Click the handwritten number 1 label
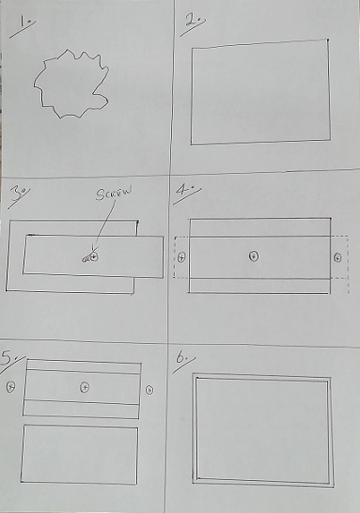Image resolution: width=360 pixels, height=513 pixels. coord(25,23)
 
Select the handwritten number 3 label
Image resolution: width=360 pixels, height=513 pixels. coord(17,193)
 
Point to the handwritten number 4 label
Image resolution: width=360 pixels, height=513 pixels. coord(184,192)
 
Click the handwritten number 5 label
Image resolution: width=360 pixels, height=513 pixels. coord(8,358)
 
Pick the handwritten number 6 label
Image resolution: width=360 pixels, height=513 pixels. coord(181,358)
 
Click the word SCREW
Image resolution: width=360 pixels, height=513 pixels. coord(114,193)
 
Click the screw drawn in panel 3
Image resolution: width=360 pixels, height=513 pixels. coord(91,257)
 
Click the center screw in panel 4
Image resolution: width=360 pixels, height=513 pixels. coord(254,256)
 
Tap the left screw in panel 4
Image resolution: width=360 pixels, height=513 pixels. coord(181,257)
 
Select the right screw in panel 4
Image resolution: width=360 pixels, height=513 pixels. coord(337,257)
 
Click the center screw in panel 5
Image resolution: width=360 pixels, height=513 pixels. coord(85,387)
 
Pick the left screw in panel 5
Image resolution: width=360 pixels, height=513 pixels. coord(10,386)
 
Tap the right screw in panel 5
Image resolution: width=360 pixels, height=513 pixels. coord(149,390)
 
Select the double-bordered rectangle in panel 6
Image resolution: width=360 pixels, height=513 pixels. coord(194,428)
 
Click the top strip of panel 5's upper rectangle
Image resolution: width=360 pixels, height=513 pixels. coord(84,366)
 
